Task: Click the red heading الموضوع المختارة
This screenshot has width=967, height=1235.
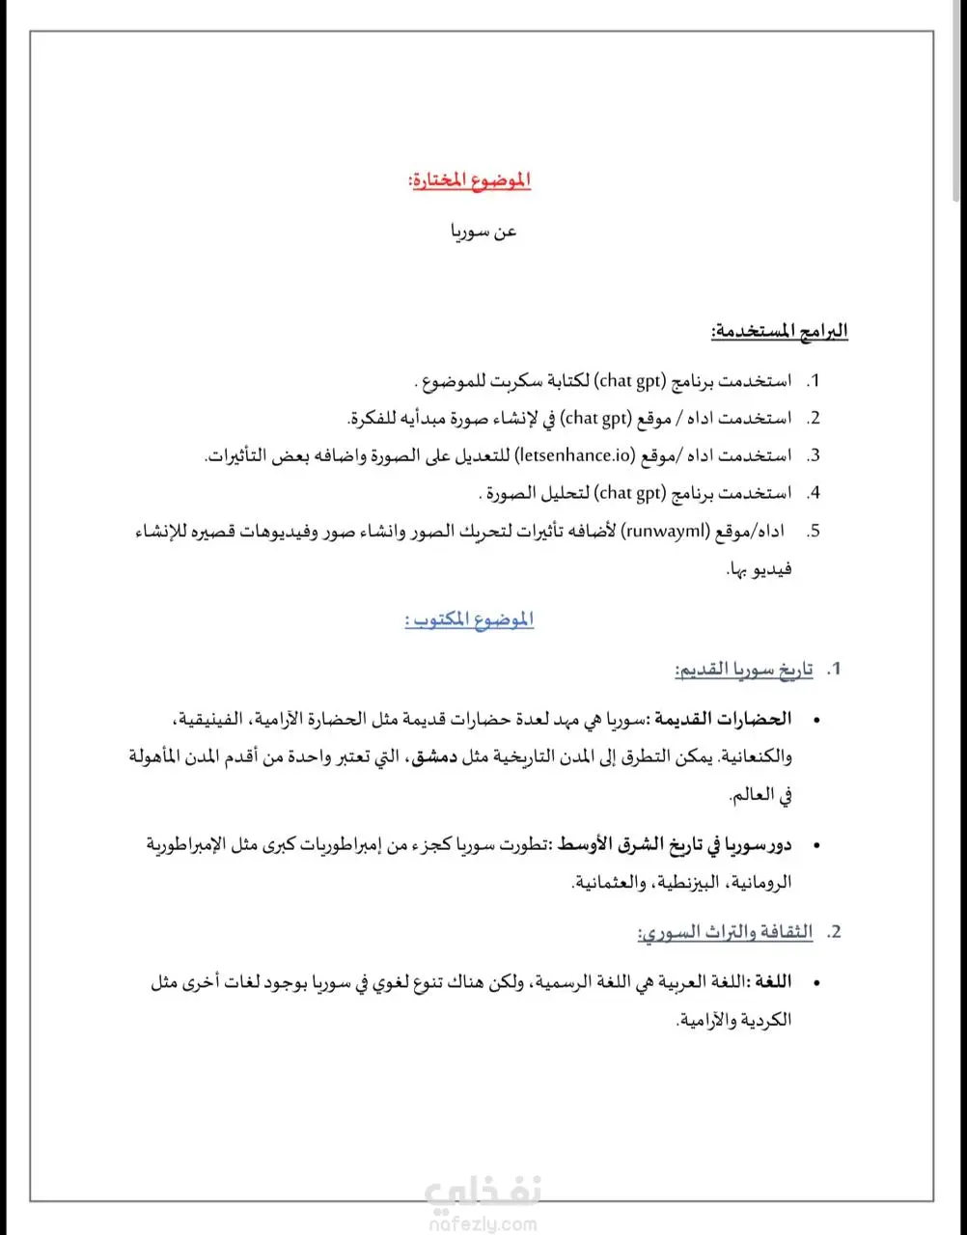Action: click(x=470, y=180)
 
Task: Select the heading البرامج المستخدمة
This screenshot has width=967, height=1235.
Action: click(x=780, y=331)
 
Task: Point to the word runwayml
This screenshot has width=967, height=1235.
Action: click(x=665, y=531)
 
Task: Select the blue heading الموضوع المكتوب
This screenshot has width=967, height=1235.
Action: click(x=469, y=620)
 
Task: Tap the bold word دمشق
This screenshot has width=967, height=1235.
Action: click(x=430, y=757)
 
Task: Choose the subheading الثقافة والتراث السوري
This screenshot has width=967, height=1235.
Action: click(x=726, y=932)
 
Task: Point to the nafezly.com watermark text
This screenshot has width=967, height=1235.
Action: click(x=480, y=1225)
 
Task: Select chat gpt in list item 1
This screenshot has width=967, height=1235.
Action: click(x=631, y=380)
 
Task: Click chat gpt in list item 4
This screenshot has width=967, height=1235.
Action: click(x=631, y=493)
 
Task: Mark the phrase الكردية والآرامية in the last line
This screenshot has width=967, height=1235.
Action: click(x=734, y=1020)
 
